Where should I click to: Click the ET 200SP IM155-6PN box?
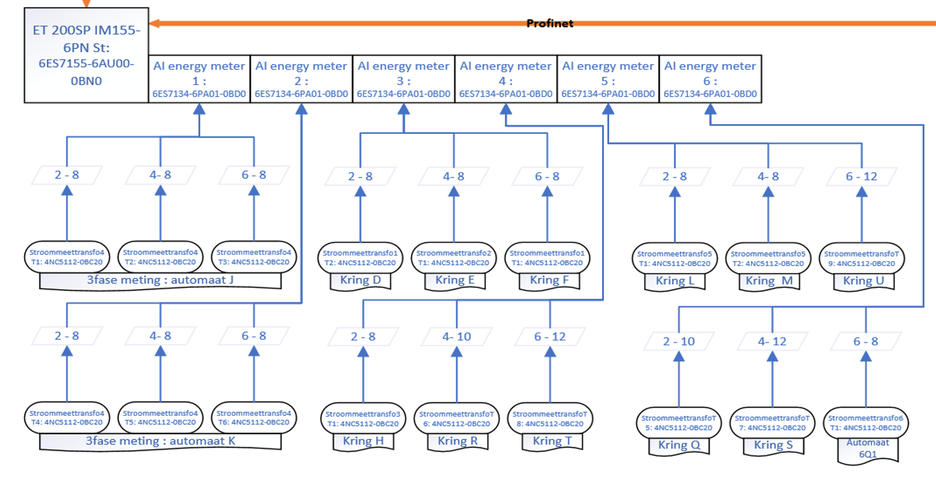[x=86, y=55]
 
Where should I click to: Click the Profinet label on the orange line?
[x=550, y=24]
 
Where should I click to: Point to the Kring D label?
[x=360, y=280]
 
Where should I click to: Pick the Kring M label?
[x=768, y=281]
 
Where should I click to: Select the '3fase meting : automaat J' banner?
[x=160, y=280]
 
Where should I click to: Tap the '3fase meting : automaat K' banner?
[x=160, y=441]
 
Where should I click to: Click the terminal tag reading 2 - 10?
[x=679, y=341]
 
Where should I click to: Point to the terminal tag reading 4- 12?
[x=772, y=341]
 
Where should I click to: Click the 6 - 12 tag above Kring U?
[x=861, y=176]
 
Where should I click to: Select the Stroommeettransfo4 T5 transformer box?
[x=160, y=417]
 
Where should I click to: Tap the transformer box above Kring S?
[x=772, y=422]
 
